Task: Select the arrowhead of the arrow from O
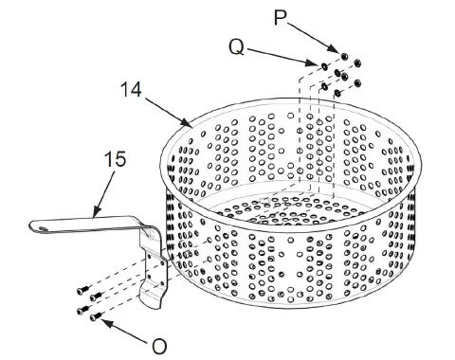(98, 319)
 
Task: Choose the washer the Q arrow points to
(325, 66)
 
